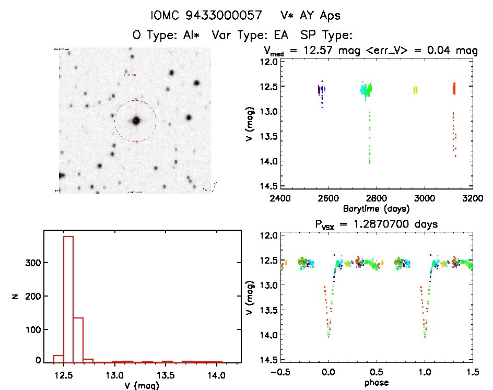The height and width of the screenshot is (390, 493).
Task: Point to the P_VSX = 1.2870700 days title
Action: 372,224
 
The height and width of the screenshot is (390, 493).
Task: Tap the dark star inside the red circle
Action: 136,121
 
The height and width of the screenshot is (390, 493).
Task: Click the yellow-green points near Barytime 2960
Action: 415,90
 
